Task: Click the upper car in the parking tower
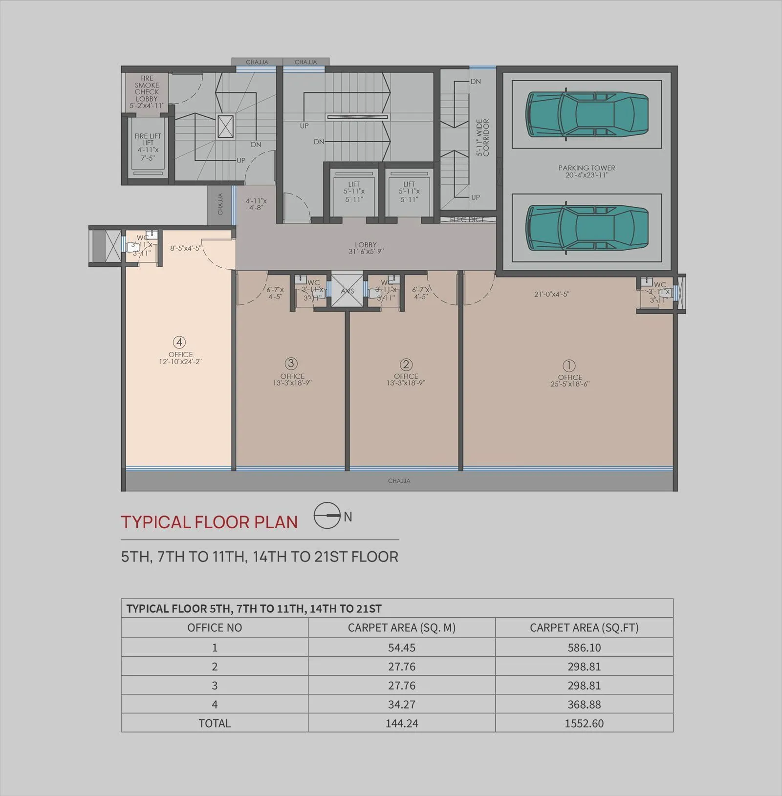[586, 114]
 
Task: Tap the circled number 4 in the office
[179, 342]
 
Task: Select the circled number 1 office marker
[569, 366]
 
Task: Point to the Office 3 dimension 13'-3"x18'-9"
[292, 383]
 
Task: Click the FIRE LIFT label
[148, 139]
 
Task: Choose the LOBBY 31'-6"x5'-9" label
[366, 248]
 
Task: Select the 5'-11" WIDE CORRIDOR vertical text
[482, 138]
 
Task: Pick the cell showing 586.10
[584, 647]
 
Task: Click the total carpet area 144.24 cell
[402, 723]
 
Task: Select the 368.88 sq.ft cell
[584, 704]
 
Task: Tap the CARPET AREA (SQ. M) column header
[402, 628]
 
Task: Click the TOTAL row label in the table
[215, 723]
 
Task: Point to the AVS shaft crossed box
[348, 291]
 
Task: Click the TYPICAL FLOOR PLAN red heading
[210, 522]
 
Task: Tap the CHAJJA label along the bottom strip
[399, 481]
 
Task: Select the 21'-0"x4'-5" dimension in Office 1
[551, 294]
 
